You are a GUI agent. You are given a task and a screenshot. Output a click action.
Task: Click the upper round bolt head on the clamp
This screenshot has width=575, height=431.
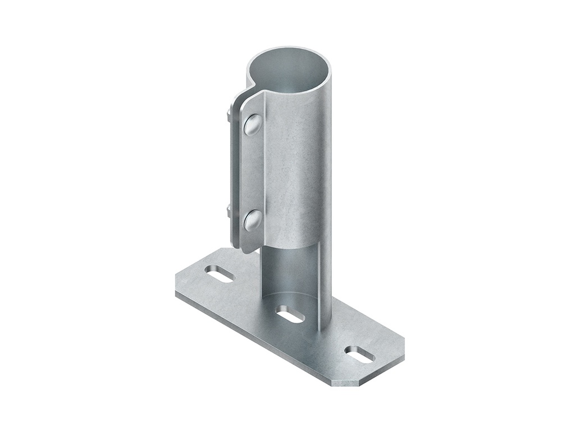click(x=252, y=125)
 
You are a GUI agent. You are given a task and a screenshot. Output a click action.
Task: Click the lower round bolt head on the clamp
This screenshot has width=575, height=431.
click(x=252, y=220)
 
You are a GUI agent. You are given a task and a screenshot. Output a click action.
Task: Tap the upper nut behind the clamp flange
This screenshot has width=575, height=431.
click(x=229, y=117)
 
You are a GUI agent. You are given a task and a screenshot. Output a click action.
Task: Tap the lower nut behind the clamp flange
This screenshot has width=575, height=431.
click(x=229, y=212)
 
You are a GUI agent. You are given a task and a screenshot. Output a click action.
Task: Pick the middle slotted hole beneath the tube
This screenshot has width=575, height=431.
click(x=290, y=314)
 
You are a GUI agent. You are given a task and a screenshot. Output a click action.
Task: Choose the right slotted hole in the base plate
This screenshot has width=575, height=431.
click(x=360, y=354)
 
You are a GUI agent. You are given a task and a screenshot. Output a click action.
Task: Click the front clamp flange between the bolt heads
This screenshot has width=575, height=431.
click(x=252, y=171)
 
